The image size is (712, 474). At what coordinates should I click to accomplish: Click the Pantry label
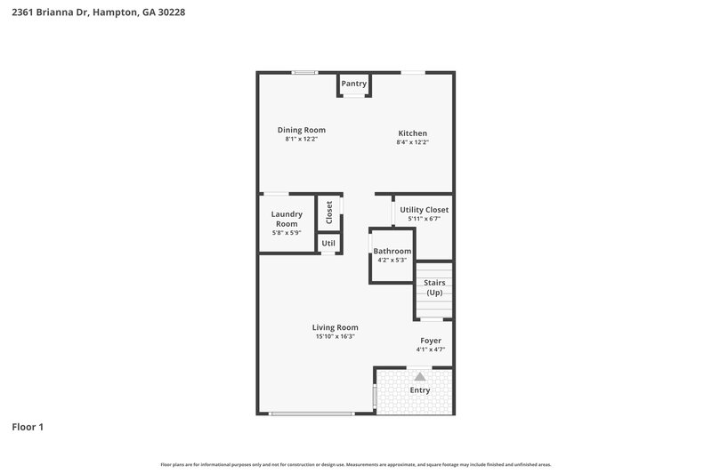point(354,84)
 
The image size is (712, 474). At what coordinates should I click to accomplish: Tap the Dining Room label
point(301,130)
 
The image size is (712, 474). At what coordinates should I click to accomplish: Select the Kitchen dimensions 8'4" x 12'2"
point(412,142)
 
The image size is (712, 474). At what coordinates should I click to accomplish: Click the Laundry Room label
point(287,219)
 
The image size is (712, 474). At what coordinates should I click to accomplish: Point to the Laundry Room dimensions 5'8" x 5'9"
point(287,233)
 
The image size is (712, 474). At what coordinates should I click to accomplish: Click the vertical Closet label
point(329,212)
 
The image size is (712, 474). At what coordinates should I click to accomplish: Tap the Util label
point(328,243)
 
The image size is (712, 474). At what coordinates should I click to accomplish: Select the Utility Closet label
point(424,210)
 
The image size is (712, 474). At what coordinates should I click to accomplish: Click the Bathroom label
point(392,252)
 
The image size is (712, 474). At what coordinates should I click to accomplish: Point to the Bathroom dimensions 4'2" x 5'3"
point(392,261)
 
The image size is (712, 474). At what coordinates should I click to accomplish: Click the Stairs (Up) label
point(434,287)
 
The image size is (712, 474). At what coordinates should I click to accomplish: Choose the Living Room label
point(335,327)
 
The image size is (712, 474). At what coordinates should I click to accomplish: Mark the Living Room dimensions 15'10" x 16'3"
point(335,337)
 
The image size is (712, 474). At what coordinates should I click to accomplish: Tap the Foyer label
point(431,341)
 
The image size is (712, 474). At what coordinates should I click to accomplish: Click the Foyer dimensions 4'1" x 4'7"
point(431,349)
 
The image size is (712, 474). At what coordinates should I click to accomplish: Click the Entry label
point(419,390)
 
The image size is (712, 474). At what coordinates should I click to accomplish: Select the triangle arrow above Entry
point(419,376)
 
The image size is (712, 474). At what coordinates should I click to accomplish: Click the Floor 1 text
point(28,427)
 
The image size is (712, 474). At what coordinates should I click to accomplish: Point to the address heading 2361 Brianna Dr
point(99,13)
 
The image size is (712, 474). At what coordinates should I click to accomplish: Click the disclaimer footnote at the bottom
point(356,464)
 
